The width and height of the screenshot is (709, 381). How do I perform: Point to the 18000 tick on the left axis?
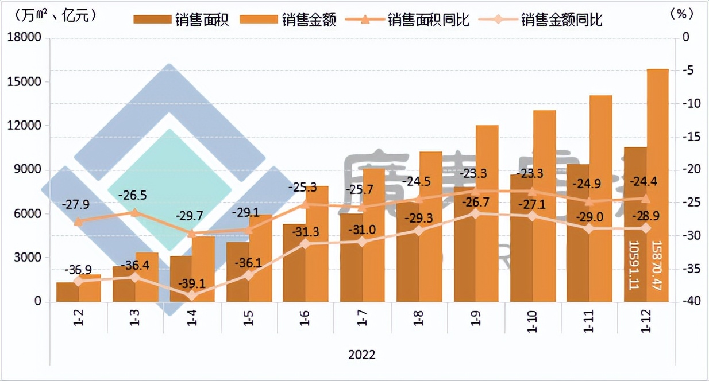coord(26,38)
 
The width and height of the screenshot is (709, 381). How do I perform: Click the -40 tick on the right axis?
coord(688,302)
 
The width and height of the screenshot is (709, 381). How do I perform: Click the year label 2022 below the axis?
coord(361,355)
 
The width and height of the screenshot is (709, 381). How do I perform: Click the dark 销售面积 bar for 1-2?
coord(67,292)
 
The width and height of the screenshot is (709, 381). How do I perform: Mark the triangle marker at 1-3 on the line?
coord(135,212)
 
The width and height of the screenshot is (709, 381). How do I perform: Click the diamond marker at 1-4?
coord(191,296)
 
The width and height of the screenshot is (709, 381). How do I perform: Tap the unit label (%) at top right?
coord(682,15)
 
